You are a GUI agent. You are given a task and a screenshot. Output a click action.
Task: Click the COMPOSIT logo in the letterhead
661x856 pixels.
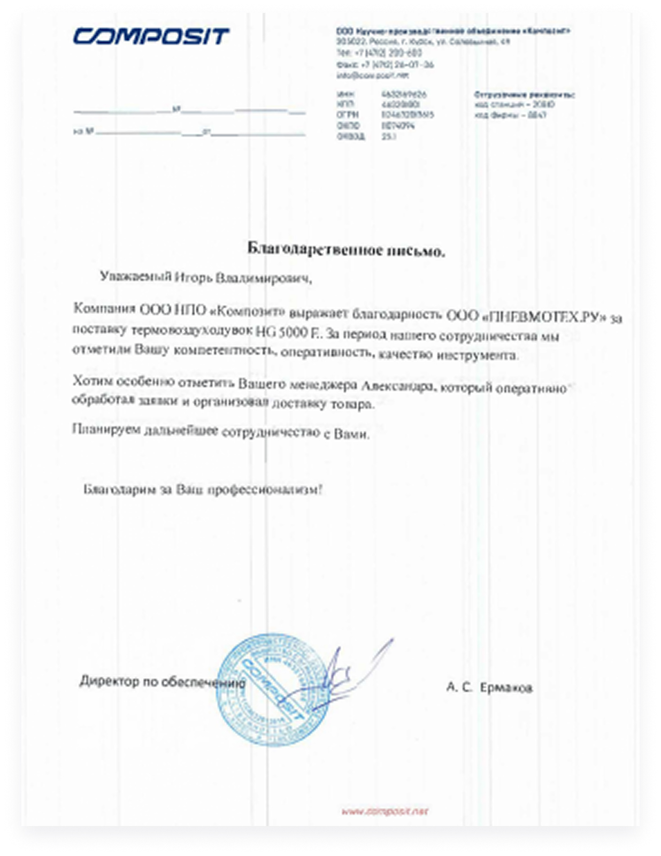[x=151, y=36]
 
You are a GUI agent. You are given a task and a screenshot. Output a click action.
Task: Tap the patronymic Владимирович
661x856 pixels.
[x=263, y=278]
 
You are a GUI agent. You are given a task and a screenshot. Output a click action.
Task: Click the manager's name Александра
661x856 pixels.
[x=396, y=386]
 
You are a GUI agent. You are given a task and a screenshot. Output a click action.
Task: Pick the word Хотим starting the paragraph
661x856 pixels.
[x=93, y=381]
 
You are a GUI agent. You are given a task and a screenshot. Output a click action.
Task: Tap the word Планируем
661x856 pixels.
[x=106, y=429]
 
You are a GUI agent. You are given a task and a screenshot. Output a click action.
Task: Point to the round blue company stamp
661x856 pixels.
[x=273, y=690]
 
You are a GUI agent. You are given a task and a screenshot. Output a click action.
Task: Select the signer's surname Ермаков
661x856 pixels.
[x=505, y=687]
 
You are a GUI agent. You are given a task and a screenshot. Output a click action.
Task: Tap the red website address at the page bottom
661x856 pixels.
[x=385, y=812]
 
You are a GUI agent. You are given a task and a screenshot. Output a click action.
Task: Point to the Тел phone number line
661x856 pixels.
[x=379, y=53]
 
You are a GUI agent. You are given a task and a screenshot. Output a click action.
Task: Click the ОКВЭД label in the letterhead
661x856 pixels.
[x=351, y=137]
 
